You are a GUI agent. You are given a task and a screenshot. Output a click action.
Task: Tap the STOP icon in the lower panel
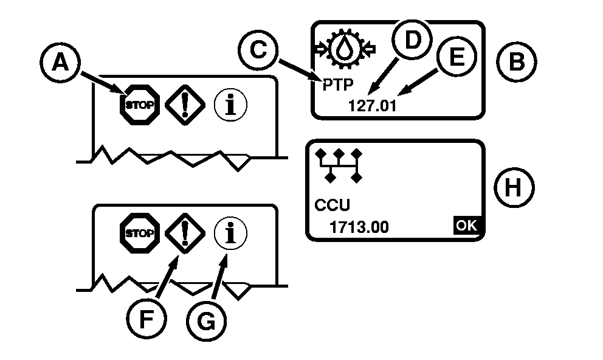[x=140, y=233]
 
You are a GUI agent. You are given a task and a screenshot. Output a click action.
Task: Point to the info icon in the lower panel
[x=230, y=233]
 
